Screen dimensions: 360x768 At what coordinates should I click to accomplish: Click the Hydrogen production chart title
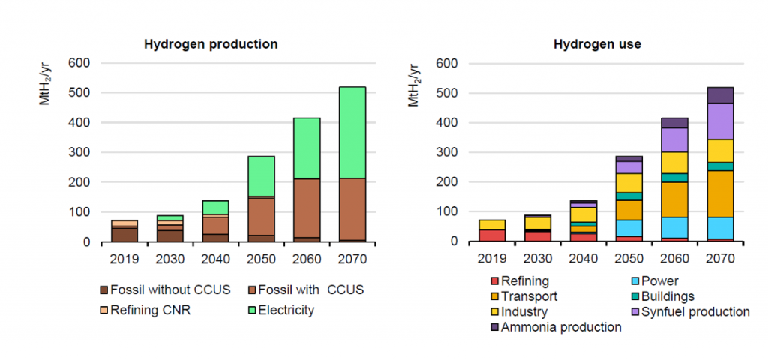[211, 44]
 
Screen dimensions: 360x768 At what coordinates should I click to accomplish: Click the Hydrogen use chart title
[597, 44]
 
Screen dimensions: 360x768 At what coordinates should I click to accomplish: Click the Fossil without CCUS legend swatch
[104, 289]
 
